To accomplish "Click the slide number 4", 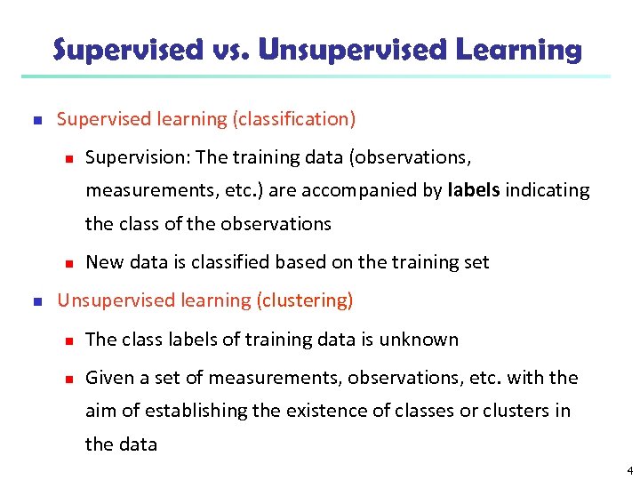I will (x=629, y=469).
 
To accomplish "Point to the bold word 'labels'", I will (x=475, y=190).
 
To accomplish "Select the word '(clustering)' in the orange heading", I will (x=304, y=300).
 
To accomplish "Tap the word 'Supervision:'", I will (x=138, y=157).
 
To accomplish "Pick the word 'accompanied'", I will (x=374, y=190).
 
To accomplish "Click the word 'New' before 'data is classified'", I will (x=104, y=262).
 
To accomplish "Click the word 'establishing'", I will (x=181, y=411).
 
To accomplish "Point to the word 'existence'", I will (x=299, y=411).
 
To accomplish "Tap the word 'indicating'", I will (x=548, y=190).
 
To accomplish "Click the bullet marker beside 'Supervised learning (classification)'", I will (x=36, y=119).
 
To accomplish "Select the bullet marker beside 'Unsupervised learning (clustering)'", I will (x=36, y=301).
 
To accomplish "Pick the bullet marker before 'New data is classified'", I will (x=66, y=263).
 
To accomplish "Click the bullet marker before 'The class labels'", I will (x=66, y=340).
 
